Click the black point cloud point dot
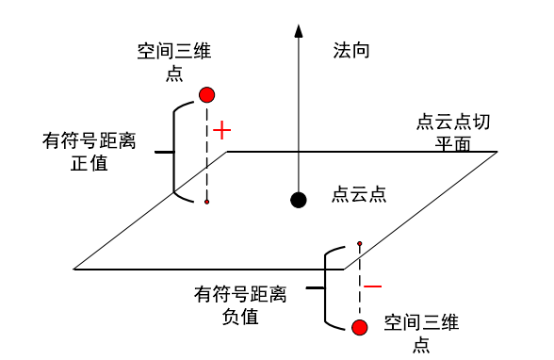coord(299,199)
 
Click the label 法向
coord(350,50)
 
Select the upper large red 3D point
coord(207,94)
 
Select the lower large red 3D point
coord(359,327)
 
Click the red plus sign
coord(221,130)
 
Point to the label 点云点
coord(359,194)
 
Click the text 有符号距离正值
coord(90,152)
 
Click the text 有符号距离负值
coord(240,304)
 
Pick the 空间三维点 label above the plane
coord(174,62)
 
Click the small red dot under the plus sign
coord(207,202)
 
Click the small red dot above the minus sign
coord(359,244)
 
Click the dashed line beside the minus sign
coord(359,283)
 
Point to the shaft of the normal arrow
coord(299,113)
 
